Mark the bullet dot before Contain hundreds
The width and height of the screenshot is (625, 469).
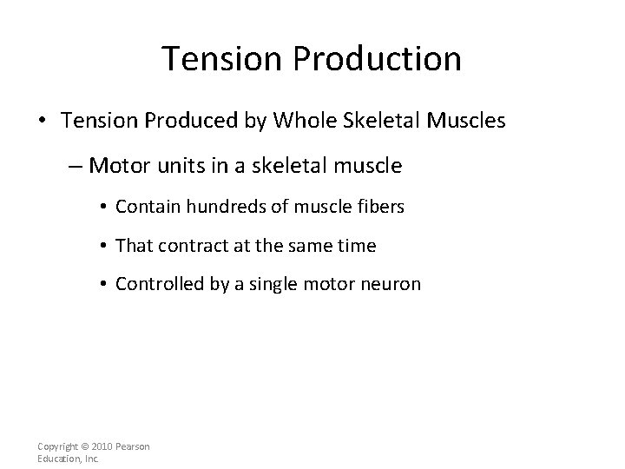click(x=103, y=207)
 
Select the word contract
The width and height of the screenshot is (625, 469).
click(x=187, y=246)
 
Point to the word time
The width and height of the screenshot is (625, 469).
click(x=357, y=246)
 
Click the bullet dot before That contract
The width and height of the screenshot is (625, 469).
click(x=103, y=247)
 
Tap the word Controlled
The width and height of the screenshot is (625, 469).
click(x=155, y=285)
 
